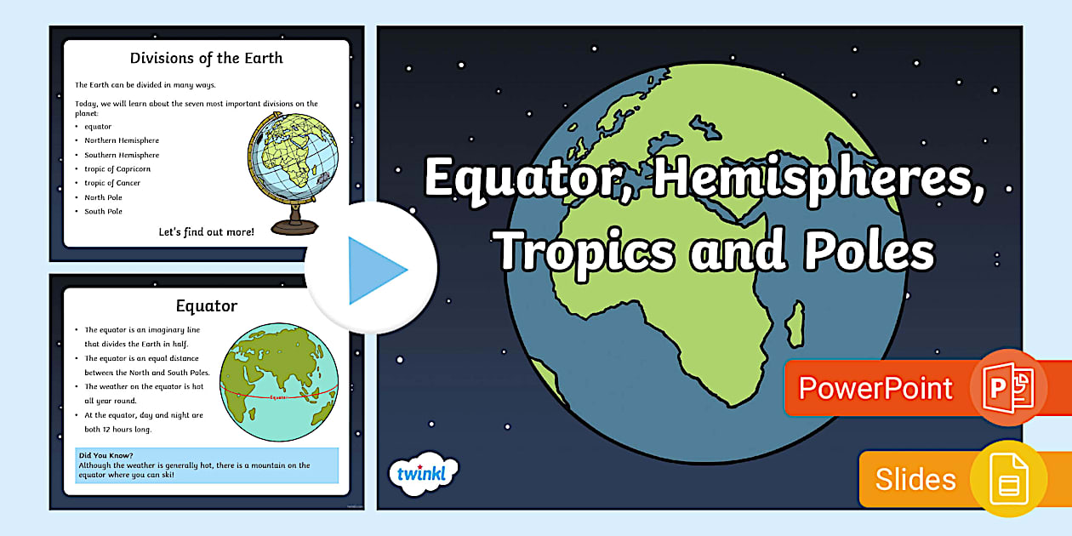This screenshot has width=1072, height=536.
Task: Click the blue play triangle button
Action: click(374, 270)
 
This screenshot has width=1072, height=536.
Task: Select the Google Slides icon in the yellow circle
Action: click(1008, 479)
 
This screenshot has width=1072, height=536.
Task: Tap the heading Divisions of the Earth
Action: click(206, 59)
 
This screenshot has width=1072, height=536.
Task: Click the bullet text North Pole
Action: click(104, 197)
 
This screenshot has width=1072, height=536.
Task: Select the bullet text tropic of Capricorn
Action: click(117, 169)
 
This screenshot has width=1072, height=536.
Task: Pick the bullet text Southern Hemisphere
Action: click(122, 155)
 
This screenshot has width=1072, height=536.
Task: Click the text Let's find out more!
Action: click(206, 231)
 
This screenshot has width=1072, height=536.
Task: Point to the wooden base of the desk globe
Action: click(294, 226)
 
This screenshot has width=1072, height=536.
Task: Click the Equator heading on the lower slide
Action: click(206, 305)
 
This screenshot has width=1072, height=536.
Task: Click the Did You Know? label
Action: click(106, 455)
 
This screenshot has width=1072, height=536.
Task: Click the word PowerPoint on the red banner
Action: click(875, 389)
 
